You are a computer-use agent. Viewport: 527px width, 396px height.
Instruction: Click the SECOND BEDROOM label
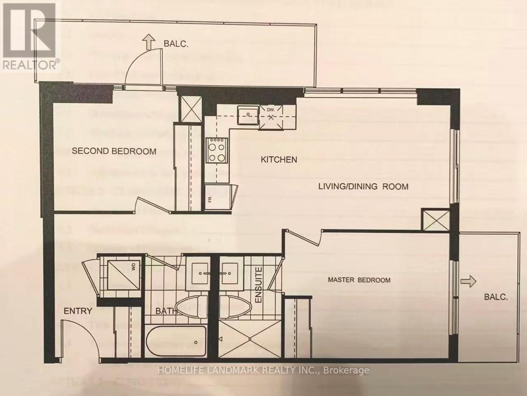[114, 151]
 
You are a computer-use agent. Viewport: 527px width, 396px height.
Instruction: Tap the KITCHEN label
[279, 159]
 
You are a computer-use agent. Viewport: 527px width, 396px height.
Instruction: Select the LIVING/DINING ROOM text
[363, 186]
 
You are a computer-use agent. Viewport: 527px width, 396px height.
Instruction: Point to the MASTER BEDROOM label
[359, 280]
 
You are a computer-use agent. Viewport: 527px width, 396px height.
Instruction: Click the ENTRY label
[77, 311]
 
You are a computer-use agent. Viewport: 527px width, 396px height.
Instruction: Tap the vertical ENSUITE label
[258, 286]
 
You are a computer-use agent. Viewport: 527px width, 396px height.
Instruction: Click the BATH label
[166, 311]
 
